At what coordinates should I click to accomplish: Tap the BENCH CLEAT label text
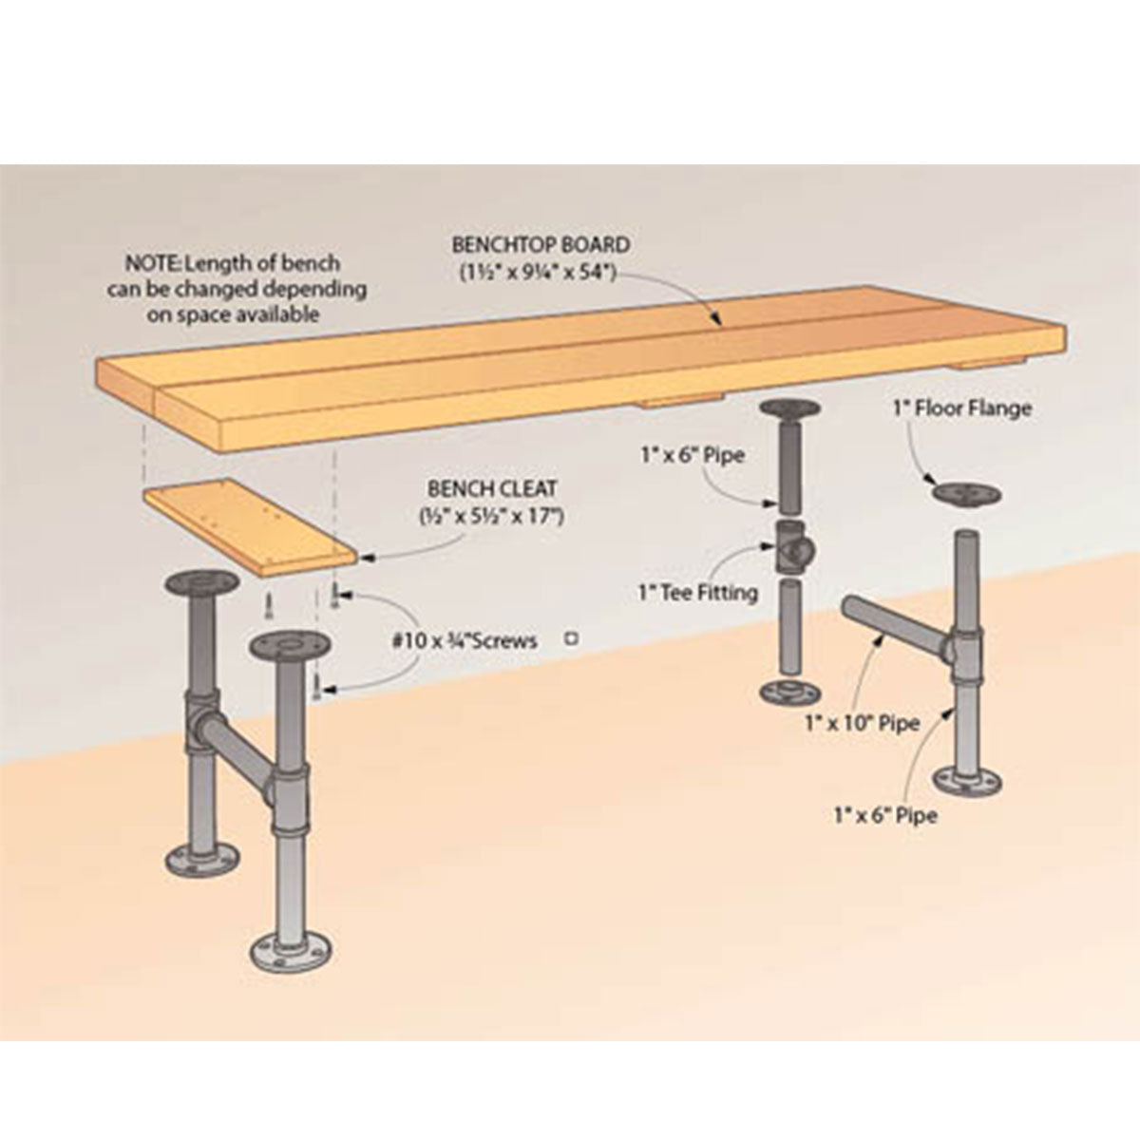coord(493,488)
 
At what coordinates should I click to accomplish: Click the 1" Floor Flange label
coord(962,408)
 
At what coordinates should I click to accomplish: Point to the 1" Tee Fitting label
coord(697,592)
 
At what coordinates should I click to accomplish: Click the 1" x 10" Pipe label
coord(862,723)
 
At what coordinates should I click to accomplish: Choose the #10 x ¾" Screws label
coord(465,640)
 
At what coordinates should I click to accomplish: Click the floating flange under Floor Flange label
coord(967,491)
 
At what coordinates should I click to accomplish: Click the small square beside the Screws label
coord(572,638)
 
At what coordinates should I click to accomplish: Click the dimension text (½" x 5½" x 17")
coord(492,517)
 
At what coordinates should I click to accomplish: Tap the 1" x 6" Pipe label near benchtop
coord(693,455)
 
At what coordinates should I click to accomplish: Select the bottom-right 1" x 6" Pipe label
coord(885,816)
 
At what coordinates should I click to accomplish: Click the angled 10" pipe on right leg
coord(895,631)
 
